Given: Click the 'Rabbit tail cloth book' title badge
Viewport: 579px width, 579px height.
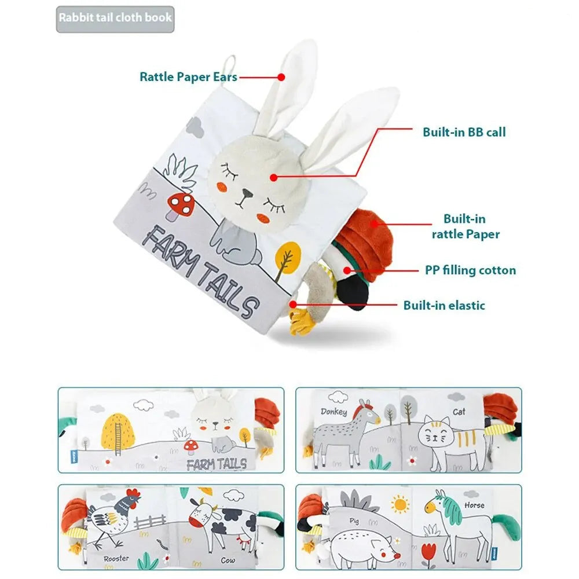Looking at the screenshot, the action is [115, 19].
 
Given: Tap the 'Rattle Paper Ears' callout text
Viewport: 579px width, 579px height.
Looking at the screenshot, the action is [188, 77].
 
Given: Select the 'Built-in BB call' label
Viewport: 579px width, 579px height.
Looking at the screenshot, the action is [464, 132].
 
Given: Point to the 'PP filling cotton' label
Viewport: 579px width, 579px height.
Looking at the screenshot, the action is [470, 270].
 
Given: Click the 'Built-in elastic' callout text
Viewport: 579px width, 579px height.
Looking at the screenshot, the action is [444, 305].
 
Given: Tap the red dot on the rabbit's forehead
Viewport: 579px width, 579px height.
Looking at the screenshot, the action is [274, 178].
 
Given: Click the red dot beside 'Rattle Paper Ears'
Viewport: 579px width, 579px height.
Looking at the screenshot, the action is [281, 77].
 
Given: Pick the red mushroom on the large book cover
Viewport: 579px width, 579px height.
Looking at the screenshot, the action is [181, 206].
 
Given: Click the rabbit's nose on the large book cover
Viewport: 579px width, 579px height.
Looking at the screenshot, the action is [247, 193].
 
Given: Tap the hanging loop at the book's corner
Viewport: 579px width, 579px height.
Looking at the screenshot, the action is [229, 70].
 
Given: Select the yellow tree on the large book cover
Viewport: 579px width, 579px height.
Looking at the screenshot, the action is [287, 258].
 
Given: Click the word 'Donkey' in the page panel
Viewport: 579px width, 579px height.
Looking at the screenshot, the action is [334, 412].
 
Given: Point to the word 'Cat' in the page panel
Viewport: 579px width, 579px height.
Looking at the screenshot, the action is [459, 412].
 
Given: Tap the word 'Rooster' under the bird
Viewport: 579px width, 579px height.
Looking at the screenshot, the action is [116, 559].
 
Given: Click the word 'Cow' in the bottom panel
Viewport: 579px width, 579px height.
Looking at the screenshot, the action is [228, 560].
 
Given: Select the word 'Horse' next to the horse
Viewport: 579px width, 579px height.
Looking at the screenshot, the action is [474, 505].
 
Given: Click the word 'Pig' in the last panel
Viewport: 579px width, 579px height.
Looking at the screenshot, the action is [354, 522].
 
